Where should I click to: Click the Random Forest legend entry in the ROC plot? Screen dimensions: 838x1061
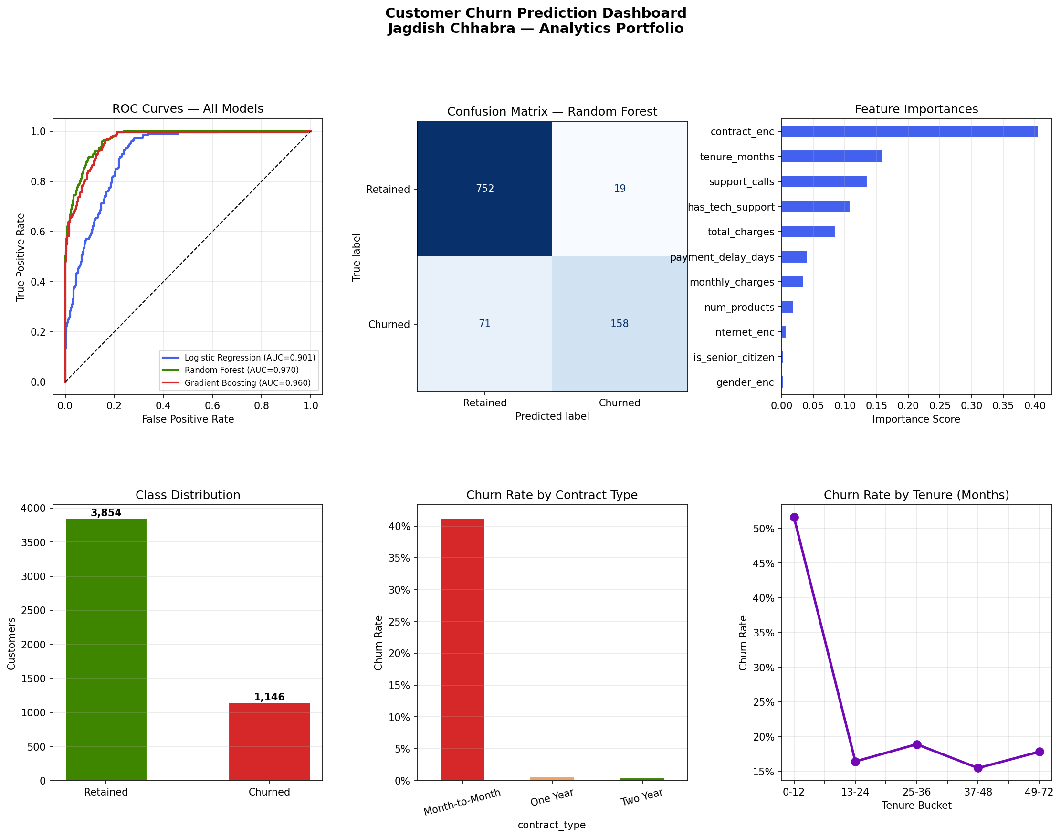[x=241, y=370]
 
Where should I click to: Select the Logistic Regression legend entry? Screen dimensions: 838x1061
[x=250, y=358]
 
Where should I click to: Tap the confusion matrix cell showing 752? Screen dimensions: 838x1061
[x=484, y=189]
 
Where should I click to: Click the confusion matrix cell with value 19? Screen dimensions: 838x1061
[x=619, y=189]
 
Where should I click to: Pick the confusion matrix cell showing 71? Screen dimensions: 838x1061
[x=484, y=324]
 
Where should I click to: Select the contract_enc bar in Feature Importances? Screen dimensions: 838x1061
[x=909, y=131]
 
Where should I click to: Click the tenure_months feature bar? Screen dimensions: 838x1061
[x=831, y=157]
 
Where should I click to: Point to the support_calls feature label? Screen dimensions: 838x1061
[x=741, y=182]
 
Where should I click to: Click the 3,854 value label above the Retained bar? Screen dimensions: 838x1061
[x=106, y=513]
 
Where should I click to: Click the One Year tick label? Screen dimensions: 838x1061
[x=552, y=797]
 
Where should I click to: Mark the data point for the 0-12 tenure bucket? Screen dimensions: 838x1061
[x=794, y=517]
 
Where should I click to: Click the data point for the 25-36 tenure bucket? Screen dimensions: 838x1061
[x=917, y=744]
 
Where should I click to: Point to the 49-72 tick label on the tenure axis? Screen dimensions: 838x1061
[x=1039, y=792]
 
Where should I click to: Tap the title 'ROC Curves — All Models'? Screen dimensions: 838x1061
[x=188, y=109]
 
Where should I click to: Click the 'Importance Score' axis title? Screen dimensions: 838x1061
[x=916, y=419]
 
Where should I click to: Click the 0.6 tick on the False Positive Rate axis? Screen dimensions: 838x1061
[x=212, y=406]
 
